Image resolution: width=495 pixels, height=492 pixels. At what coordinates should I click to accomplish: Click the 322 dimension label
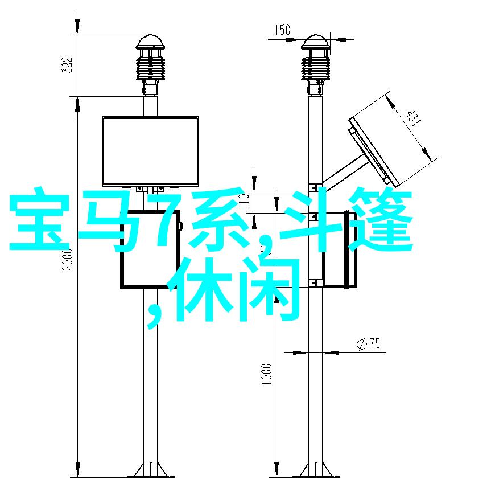(67, 65)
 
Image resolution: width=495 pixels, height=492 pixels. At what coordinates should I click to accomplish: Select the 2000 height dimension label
(67, 260)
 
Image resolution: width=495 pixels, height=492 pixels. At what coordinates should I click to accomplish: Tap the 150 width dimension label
(282, 30)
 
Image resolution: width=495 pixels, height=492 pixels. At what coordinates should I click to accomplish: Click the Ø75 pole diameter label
(369, 343)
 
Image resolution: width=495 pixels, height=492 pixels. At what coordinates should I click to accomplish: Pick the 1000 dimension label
(266, 374)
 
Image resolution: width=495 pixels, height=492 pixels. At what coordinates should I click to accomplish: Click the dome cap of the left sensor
(150, 42)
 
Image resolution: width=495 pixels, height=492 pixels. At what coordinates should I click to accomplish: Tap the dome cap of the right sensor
(315, 42)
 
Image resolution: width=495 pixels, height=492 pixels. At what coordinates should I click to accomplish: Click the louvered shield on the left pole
(150, 68)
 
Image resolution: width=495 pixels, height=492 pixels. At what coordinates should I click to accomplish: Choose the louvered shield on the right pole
(315, 68)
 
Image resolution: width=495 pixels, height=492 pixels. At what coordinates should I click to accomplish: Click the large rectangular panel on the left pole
(151, 151)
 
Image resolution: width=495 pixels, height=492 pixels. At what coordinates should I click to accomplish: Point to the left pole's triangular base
(150, 471)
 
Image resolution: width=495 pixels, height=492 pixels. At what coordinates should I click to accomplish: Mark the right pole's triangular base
(315, 471)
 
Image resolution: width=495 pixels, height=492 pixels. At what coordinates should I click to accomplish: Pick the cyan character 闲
(269, 289)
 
